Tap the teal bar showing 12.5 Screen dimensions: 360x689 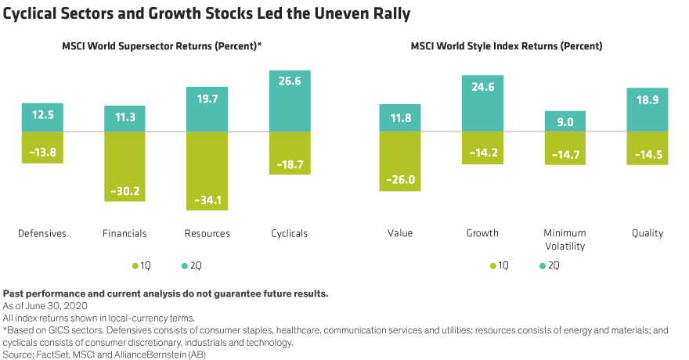[42, 117]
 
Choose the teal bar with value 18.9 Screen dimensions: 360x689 [647, 109]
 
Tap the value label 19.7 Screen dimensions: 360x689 [207, 99]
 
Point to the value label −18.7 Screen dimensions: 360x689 [289, 164]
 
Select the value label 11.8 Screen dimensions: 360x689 [400, 119]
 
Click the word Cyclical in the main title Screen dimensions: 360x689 [31, 15]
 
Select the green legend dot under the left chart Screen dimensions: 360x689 [135, 266]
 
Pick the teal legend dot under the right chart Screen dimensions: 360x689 [543, 266]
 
